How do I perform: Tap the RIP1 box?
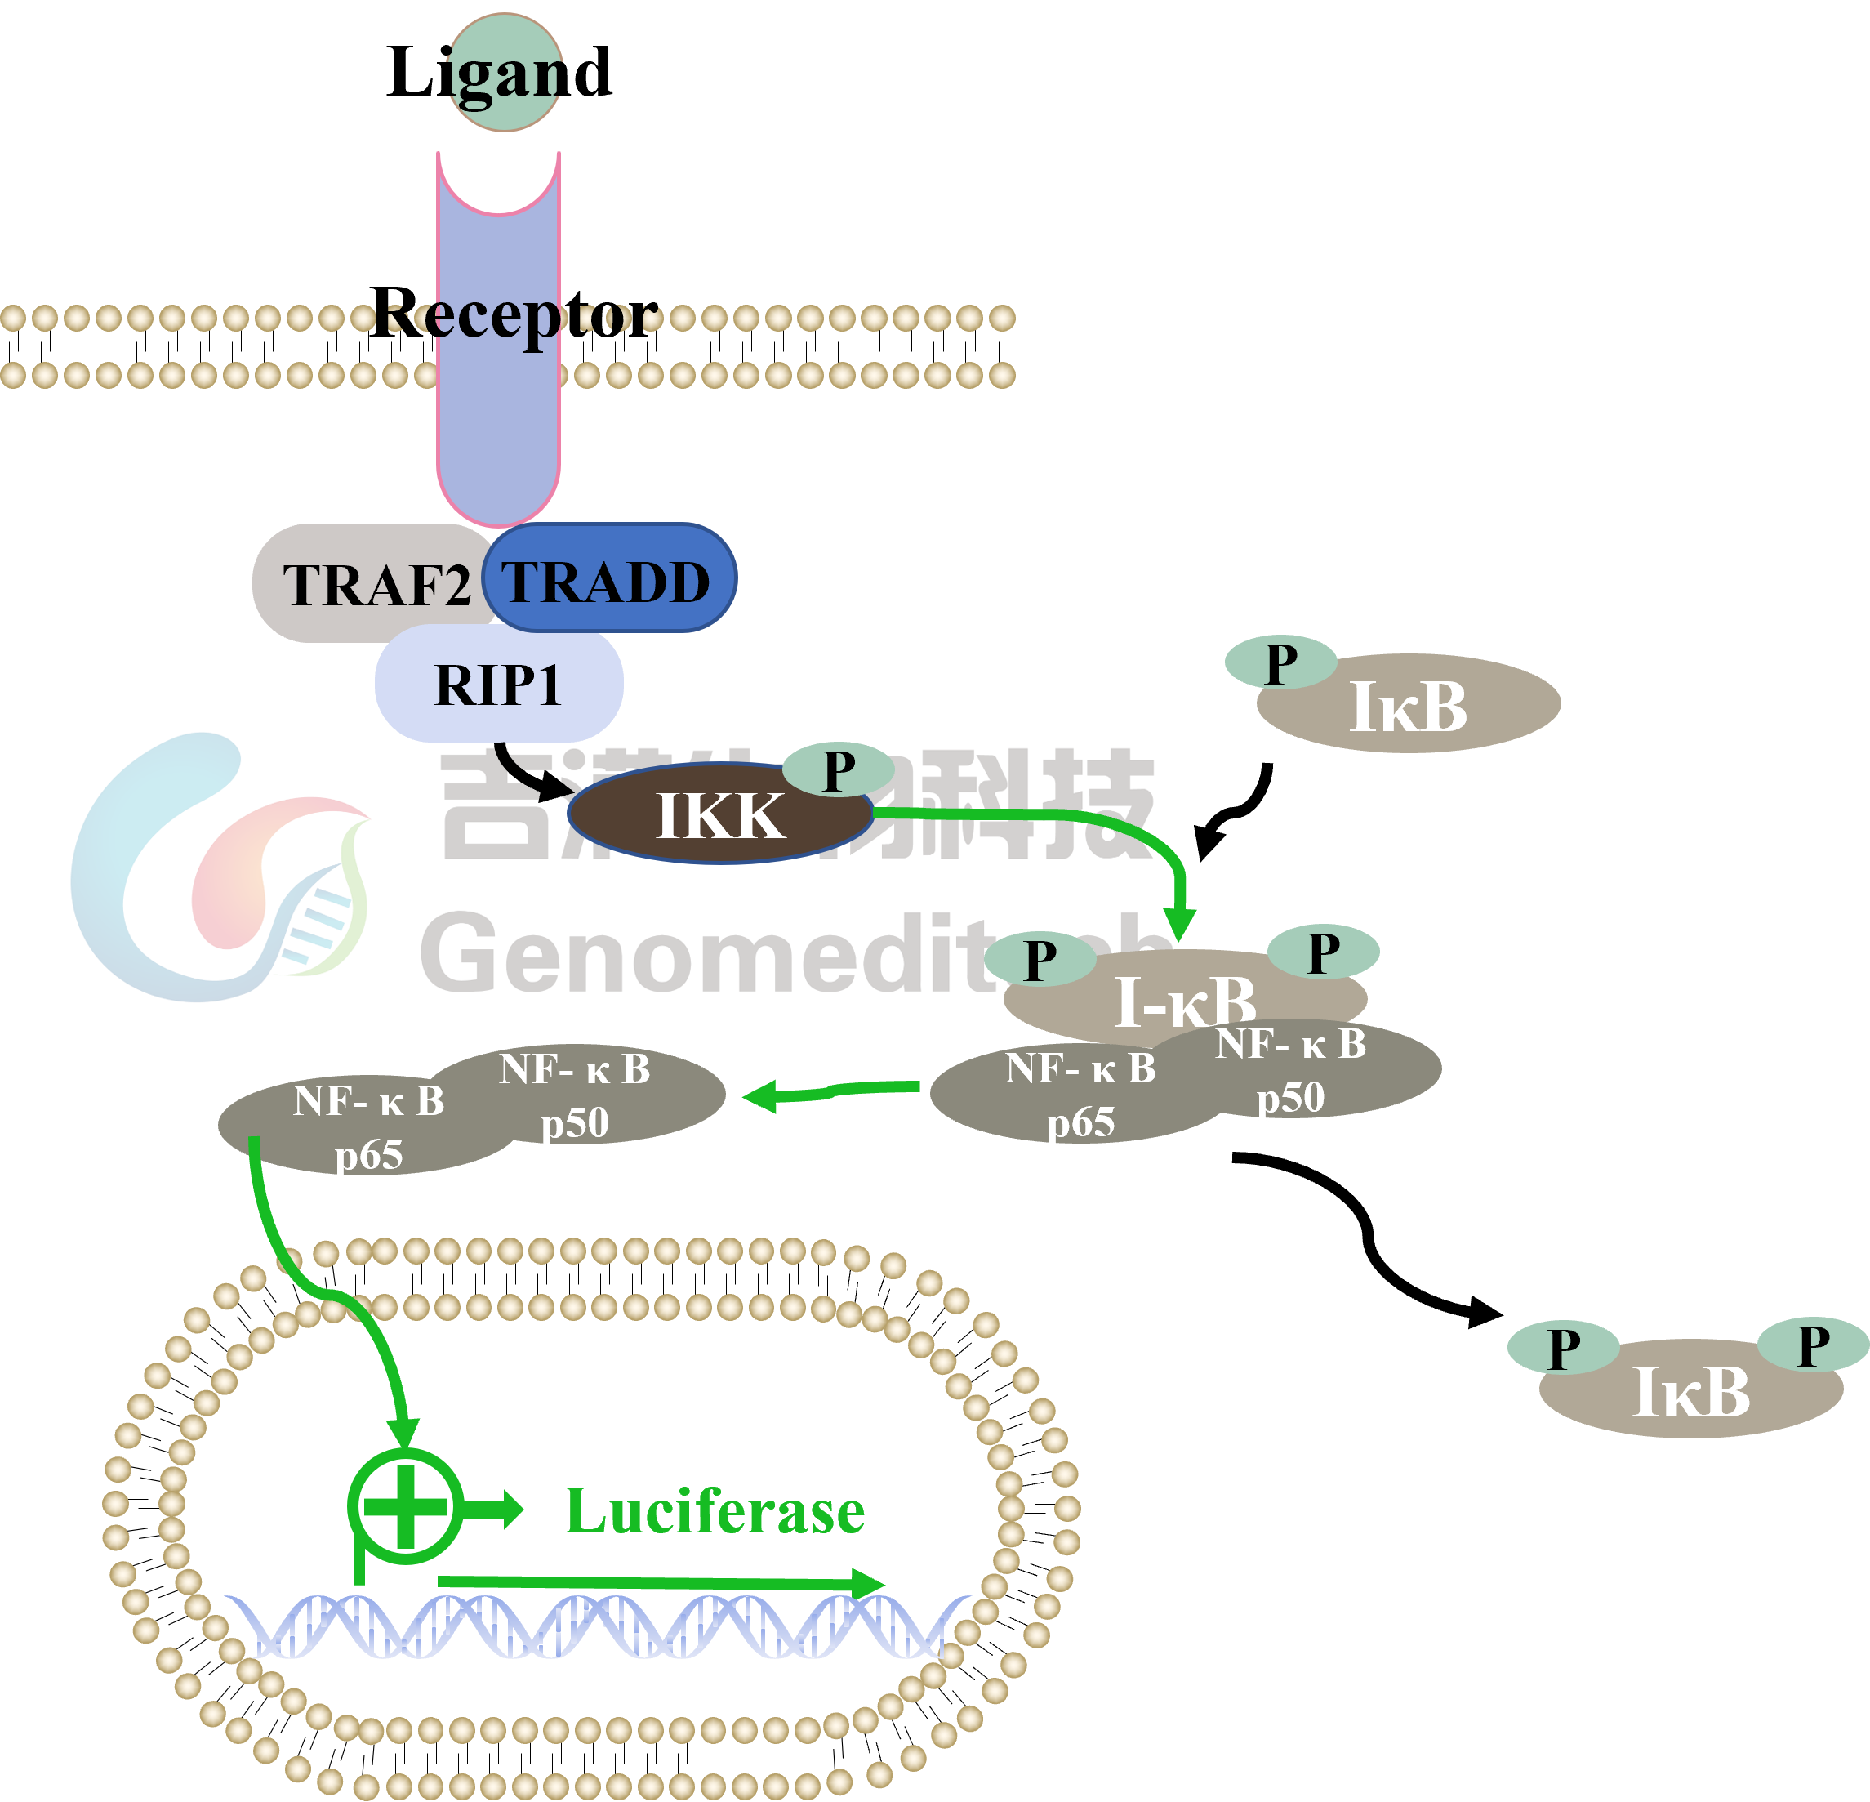[498, 685]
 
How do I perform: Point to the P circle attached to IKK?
[838, 769]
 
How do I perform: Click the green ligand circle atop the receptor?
[505, 73]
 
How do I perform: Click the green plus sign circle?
[406, 1506]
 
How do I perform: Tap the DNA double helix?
[591, 1627]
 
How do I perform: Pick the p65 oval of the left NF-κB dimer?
[367, 1126]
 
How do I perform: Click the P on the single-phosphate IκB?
[1280, 662]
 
